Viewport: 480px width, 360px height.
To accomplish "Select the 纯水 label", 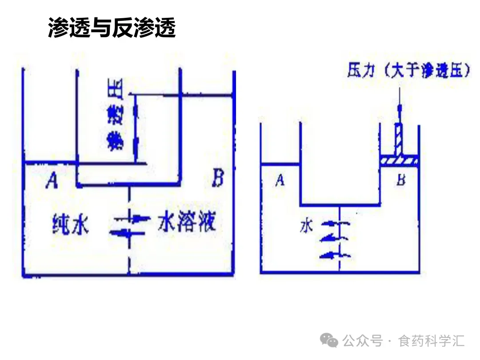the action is click(70, 224).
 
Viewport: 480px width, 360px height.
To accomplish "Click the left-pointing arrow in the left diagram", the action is click(122, 233).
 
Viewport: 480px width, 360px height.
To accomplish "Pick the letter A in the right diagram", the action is click(280, 180).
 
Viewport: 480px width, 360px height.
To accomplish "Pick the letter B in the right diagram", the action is click(400, 180).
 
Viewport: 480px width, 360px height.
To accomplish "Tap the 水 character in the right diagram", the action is click(307, 227).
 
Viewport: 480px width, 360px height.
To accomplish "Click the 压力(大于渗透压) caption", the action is click(408, 72).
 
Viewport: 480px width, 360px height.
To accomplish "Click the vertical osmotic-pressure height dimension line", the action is click(136, 129).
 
